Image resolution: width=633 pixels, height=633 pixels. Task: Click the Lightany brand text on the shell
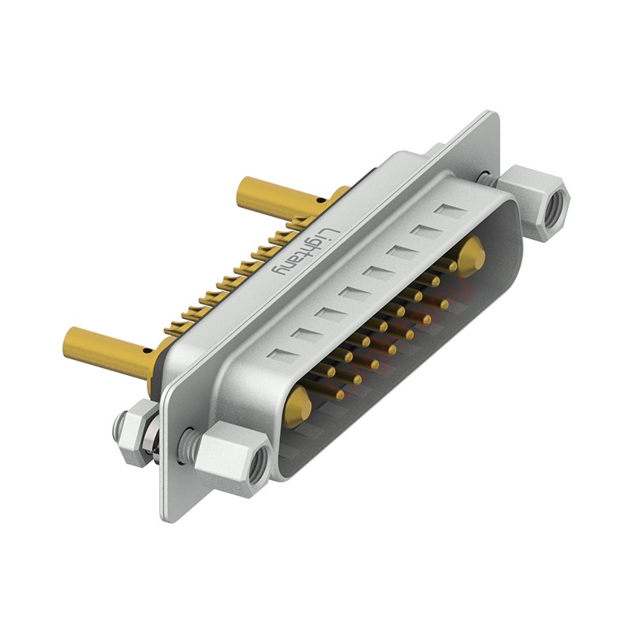click(305, 252)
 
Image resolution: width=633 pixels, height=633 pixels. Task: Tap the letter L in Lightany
click(331, 231)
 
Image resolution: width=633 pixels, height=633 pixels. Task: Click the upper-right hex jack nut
click(536, 201)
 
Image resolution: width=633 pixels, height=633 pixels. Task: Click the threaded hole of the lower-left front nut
click(256, 470)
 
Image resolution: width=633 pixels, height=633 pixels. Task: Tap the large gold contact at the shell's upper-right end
click(472, 255)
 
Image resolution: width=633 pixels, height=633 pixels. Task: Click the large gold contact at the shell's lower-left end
click(298, 405)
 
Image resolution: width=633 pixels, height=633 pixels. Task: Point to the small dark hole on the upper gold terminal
click(320, 200)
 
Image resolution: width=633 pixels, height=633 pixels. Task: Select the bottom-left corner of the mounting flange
click(166, 518)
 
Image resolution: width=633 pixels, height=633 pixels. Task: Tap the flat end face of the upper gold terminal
click(241, 188)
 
